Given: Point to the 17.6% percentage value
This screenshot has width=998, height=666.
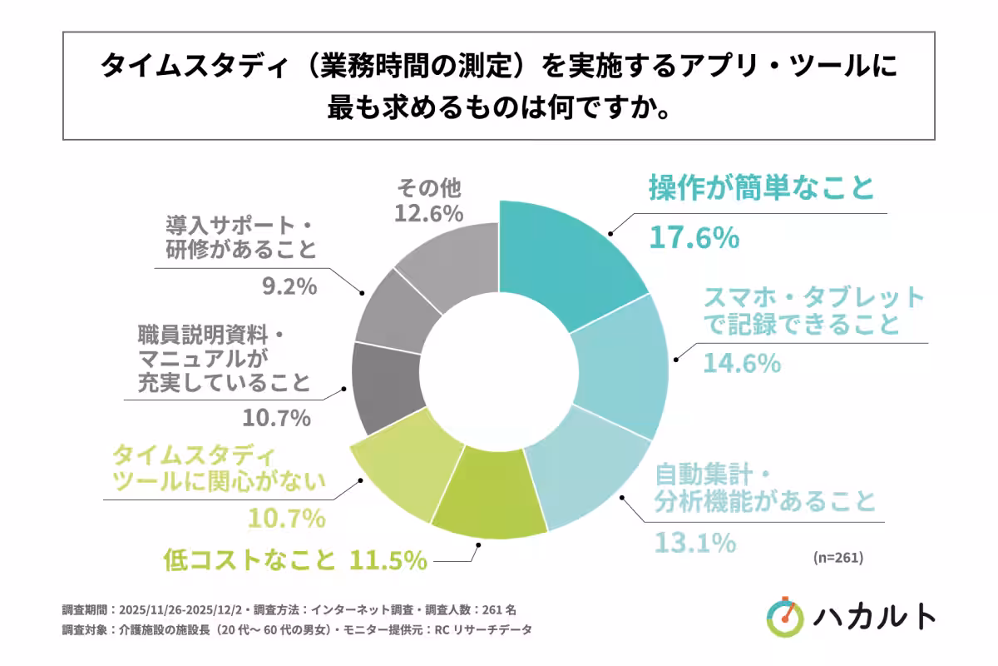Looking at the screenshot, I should [x=693, y=239].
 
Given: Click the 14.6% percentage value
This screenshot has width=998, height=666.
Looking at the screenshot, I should [x=742, y=363].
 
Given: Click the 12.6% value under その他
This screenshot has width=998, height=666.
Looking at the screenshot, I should [x=427, y=213].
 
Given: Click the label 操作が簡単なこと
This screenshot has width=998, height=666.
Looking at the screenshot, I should [x=761, y=188].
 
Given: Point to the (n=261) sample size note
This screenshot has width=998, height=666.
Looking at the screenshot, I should [x=837, y=558].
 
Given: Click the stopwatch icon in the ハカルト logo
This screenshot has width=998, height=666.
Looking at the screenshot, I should [x=785, y=615].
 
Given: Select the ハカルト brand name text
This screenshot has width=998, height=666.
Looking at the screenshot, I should [x=875, y=616].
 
